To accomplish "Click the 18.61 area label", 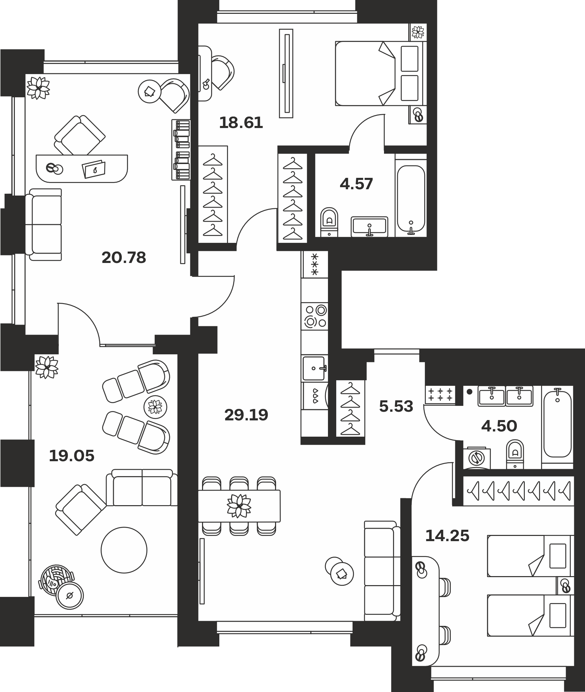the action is pos(241,123).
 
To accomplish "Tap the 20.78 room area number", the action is pos(124,258).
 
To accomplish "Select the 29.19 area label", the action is pos(246,415).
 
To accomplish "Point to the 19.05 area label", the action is pos(72,456).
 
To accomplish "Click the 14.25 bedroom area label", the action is pos(447,536).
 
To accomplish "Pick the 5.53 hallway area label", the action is pos(396,407).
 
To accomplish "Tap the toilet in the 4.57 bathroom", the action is pos(329,222).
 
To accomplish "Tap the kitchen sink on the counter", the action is pos(314,368).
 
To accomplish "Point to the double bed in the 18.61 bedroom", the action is pos(381,73).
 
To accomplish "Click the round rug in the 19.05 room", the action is pos(124,550).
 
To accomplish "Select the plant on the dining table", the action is pos(239,506).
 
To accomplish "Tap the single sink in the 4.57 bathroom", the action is pos(369,227).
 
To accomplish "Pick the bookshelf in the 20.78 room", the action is pos(181,150).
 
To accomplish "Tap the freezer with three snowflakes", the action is pos(314,264).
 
